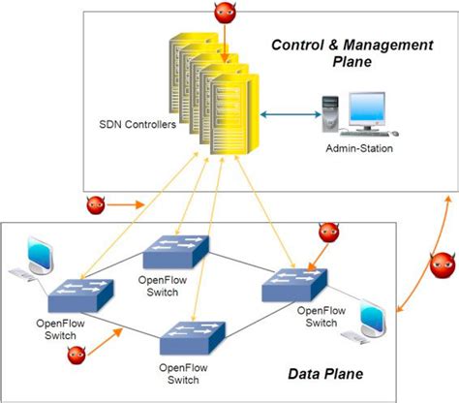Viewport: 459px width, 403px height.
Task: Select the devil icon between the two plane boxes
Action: tap(96, 204)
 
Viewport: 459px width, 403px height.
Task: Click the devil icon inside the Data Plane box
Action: tap(330, 232)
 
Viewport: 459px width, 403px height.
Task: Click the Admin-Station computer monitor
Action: tap(371, 110)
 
